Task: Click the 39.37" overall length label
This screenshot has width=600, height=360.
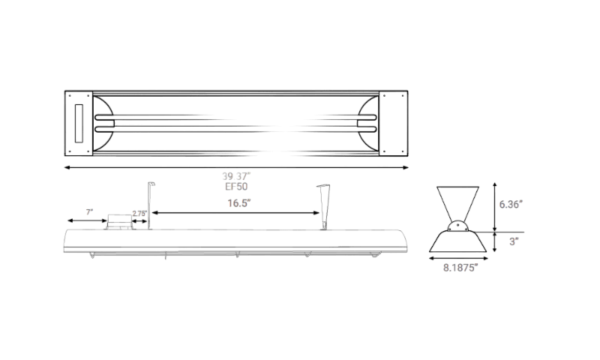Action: pyautogui.click(x=236, y=176)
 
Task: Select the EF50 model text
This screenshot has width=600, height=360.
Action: pyautogui.click(x=236, y=186)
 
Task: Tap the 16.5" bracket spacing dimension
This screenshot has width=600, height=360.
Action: pyautogui.click(x=239, y=203)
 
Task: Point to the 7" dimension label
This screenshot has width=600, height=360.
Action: pyautogui.click(x=89, y=212)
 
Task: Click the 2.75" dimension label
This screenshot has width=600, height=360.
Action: pyautogui.click(x=139, y=214)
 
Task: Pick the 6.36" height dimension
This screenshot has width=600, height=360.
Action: pyautogui.click(x=511, y=204)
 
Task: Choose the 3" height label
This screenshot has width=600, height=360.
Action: pyautogui.click(x=514, y=241)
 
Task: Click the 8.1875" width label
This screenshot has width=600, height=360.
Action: pyautogui.click(x=460, y=268)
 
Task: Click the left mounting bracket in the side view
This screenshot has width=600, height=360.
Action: pyautogui.click(x=151, y=205)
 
